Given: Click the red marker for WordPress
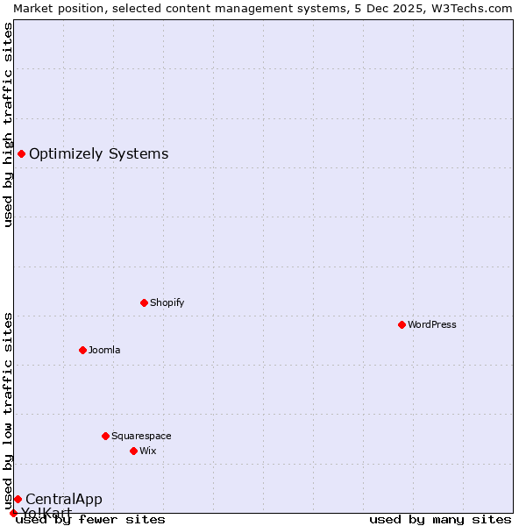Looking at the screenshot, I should [x=402, y=324].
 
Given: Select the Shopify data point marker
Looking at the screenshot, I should [x=144, y=302].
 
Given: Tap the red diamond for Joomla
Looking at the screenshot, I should [x=82, y=350].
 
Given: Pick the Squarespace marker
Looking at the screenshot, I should [x=105, y=436].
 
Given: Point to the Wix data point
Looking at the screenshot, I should [x=133, y=451].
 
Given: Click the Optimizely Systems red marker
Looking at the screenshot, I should [x=21, y=154].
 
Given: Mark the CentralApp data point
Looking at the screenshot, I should [x=18, y=499].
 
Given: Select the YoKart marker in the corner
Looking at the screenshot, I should [x=13, y=513].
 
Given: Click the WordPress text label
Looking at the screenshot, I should [x=432, y=324].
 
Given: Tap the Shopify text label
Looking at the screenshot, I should [x=167, y=302].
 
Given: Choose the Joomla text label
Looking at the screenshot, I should [x=104, y=350].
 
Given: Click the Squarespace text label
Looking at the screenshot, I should [x=141, y=436].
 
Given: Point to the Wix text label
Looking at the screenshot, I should [x=148, y=451].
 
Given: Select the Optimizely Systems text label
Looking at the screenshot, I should [x=98, y=154].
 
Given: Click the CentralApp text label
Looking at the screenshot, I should [x=63, y=499].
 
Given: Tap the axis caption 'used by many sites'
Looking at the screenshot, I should [x=440, y=519].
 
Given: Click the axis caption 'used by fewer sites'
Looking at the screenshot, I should [x=91, y=519].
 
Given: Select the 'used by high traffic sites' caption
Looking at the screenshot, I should [x=8, y=124].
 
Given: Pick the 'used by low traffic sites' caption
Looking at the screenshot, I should [x=8, y=410].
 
